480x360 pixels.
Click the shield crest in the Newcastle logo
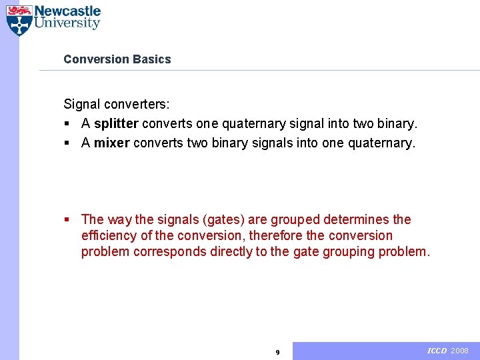click(19, 20)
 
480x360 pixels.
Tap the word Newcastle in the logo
click(67, 11)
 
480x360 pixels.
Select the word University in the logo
click(67, 24)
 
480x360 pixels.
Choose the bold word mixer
click(112, 143)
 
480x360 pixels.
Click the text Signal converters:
click(117, 105)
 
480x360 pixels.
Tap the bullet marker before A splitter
click(67, 125)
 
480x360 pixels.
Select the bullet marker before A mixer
click(67, 143)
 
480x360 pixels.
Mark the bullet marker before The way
click(67, 220)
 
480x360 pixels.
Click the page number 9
click(278, 352)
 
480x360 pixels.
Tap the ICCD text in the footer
click(437, 351)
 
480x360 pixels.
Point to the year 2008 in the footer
click(460, 351)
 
